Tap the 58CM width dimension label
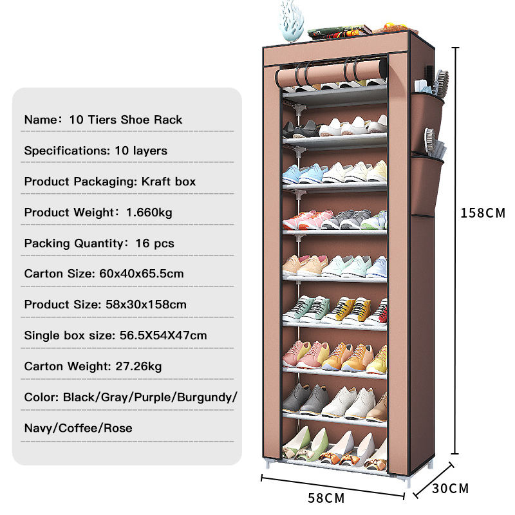[x=326, y=498]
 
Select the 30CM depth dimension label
[x=450, y=488]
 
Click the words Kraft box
[x=169, y=182]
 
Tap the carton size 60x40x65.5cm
[x=141, y=274]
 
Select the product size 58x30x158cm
[x=145, y=304]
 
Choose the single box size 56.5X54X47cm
[x=164, y=335]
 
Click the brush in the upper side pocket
[x=441, y=82]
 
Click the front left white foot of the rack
[x=270, y=465]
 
